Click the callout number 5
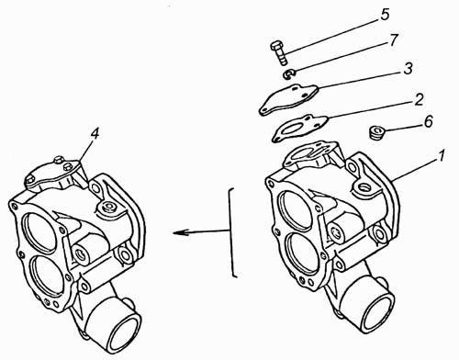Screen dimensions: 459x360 pos(385,15)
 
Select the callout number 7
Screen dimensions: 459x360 pos(394,40)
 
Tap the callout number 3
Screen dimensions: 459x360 pos(409,69)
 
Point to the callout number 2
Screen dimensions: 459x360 pos(419,100)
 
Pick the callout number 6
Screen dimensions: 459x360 pos(429,121)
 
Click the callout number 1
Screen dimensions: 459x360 pos(442,156)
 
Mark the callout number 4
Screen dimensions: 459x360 pos(95,134)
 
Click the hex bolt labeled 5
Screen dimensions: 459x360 pos(279,52)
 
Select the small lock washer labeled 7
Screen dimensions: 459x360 pos(288,74)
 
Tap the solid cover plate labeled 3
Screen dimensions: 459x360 pos(289,99)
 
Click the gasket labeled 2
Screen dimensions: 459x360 pos(300,128)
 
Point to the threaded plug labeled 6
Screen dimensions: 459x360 pos(376,132)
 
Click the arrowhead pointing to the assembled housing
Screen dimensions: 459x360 pos(180,233)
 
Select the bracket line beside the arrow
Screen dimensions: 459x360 pos(232,232)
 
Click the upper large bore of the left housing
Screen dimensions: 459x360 pos(40,231)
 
